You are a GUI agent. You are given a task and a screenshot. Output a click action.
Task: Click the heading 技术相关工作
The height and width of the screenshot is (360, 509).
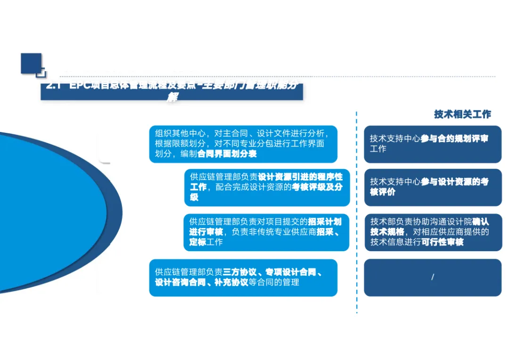pyautogui.click(x=462, y=115)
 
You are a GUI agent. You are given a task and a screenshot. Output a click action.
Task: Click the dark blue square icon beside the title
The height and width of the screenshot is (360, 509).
pyautogui.click(x=31, y=63)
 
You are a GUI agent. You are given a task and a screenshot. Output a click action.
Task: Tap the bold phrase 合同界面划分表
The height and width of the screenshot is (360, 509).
pyautogui.click(x=227, y=154)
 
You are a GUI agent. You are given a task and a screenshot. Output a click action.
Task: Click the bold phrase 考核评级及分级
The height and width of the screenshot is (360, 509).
pyautogui.click(x=316, y=187)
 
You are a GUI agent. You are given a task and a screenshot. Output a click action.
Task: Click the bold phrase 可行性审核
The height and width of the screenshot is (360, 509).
pyautogui.click(x=443, y=242)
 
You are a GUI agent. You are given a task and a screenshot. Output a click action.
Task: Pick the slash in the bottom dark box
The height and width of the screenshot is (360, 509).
pyautogui.click(x=432, y=277)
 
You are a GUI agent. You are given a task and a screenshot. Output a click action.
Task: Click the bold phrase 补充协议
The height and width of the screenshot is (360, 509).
pyautogui.click(x=230, y=282)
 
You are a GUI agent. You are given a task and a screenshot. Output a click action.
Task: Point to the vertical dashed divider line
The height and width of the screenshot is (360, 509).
pyautogui.click(x=357, y=212)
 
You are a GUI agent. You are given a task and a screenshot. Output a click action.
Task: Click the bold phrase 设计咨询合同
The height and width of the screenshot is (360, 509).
pyautogui.click(x=178, y=282)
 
